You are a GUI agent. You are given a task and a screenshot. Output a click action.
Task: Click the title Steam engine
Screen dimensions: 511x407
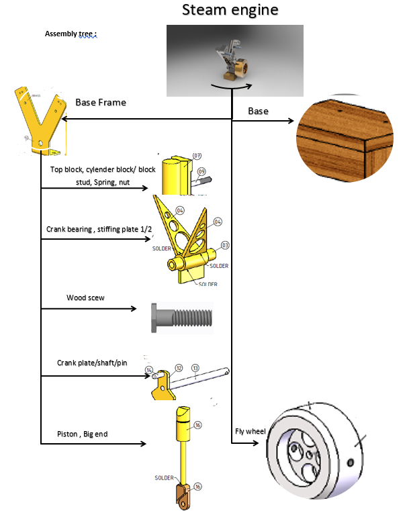(230, 11)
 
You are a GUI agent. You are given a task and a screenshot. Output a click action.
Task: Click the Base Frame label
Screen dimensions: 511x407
(101, 103)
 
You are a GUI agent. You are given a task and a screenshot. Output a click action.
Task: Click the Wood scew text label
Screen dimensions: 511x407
(85, 297)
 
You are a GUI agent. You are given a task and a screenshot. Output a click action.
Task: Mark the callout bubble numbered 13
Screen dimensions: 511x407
(195, 368)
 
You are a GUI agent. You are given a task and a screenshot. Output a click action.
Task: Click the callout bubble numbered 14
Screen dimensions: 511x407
(149, 369)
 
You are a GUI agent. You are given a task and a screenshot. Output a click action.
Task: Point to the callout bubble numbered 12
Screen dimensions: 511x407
(179, 368)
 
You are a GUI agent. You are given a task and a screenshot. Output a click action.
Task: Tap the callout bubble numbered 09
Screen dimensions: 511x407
(201, 171)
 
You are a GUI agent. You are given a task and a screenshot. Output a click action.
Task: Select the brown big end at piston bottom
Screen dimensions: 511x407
(182, 495)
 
